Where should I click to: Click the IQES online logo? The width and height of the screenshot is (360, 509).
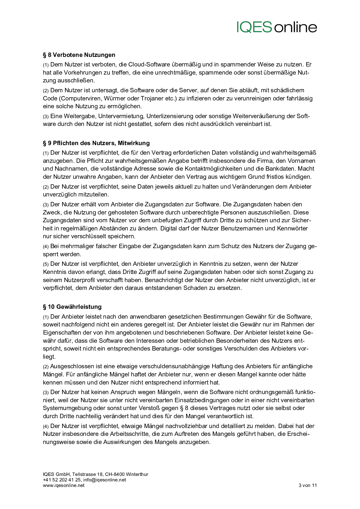point(277,27)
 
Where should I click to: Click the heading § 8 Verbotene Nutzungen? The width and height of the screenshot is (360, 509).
point(79,55)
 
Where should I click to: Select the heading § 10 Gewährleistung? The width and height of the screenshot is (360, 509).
point(72,307)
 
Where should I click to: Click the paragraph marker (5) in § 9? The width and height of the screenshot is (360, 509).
point(46,264)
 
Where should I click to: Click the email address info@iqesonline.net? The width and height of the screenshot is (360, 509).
point(105,480)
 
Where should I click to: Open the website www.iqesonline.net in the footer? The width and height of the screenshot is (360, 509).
point(64,485)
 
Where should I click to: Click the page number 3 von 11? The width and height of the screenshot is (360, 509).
point(307,485)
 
